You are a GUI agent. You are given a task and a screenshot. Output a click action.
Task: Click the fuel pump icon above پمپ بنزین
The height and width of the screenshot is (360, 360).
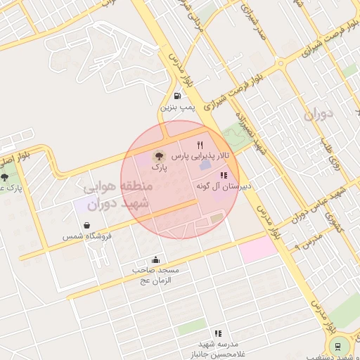tap(176, 96)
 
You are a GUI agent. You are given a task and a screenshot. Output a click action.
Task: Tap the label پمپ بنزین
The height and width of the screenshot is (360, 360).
tap(176, 108)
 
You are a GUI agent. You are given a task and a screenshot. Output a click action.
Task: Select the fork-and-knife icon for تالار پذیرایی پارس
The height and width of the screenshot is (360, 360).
tap(207, 143)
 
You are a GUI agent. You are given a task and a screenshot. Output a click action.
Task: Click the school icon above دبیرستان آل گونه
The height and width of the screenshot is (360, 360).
tap(224, 176)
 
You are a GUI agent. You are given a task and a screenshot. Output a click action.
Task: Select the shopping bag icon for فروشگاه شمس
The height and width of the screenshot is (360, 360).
tap(86, 226)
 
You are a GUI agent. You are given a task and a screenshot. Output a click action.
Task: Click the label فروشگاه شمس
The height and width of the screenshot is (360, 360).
tap(85, 237)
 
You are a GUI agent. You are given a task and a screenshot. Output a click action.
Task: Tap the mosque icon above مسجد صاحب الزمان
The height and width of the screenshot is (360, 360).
tap(155, 259)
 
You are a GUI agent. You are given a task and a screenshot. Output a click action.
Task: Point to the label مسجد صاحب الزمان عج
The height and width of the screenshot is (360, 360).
tap(156, 275)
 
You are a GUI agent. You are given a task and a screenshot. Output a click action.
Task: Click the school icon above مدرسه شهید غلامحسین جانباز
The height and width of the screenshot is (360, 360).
tap(218, 333)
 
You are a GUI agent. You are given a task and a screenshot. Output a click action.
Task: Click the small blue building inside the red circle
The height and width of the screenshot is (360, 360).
tap(205, 165)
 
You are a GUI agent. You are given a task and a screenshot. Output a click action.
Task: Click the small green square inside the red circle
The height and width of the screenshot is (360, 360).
tap(217, 219)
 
